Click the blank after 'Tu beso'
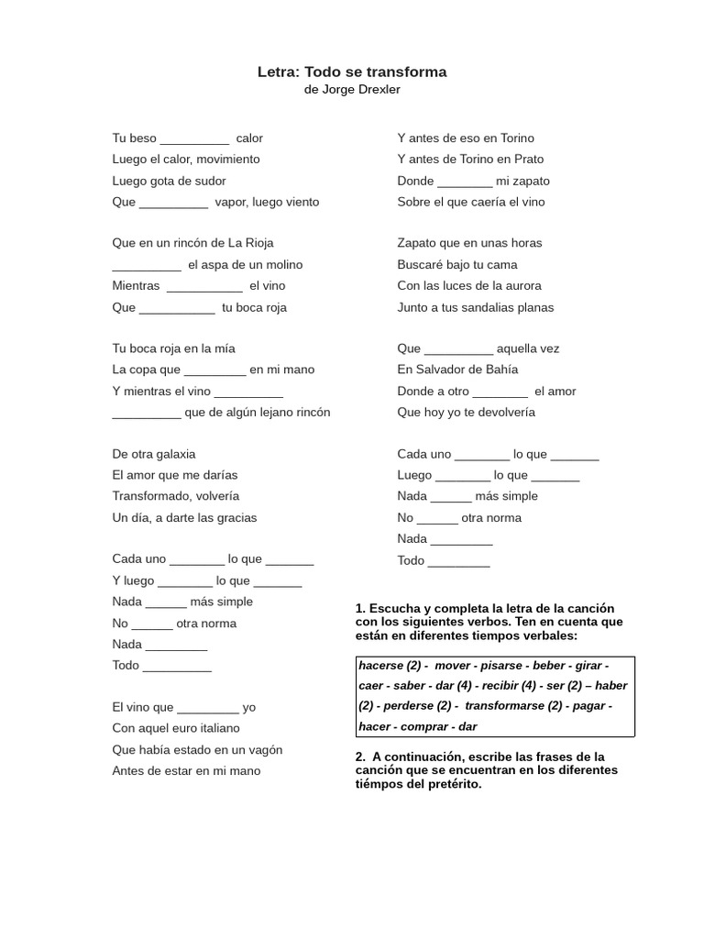click(194, 139)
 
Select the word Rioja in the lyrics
click(257, 243)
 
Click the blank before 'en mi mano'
click(214, 370)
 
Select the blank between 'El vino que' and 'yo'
click(207, 708)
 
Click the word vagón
click(263, 750)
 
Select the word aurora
click(521, 286)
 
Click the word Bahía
click(499, 370)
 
